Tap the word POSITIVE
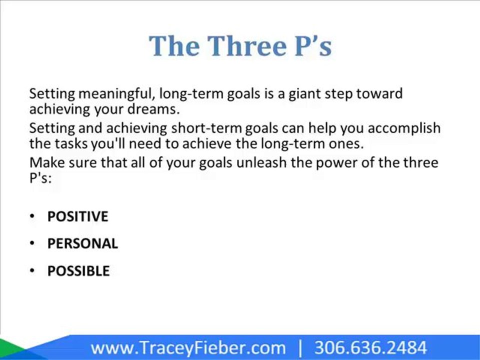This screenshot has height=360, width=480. [78, 216]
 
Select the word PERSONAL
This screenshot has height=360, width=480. [82, 243]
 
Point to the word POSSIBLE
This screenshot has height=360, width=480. [78, 271]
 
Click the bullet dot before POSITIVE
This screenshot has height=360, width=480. [32, 216]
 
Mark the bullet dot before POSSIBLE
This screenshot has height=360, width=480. [32, 270]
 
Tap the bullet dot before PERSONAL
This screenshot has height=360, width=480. [32, 243]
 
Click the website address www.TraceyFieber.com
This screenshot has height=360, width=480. [188, 348]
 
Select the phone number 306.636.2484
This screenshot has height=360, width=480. [370, 348]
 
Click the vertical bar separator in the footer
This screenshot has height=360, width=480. [300, 348]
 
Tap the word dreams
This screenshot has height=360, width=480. [153, 109]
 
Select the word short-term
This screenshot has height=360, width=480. [206, 128]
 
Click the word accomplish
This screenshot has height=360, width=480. [404, 128]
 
